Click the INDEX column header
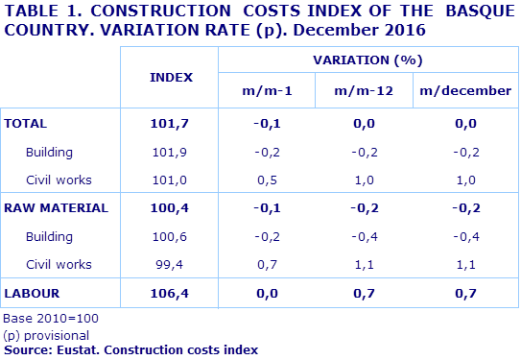coord(171,77)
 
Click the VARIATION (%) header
coord(367,60)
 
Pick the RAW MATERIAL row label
coord(56,207)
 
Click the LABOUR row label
coord(33,292)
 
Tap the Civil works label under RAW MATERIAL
coord(59,264)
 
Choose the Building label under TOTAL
coord(50,152)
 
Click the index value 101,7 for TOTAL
coord(171,124)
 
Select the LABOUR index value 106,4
coord(171,292)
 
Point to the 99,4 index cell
coord(173,264)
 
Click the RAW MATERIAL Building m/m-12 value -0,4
coord(364,236)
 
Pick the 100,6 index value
coord(171,236)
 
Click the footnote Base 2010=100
coord(51,318)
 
